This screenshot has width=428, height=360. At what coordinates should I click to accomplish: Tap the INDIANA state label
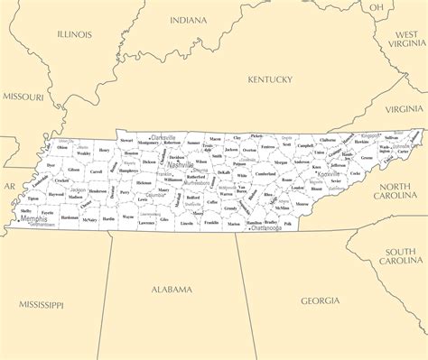click(x=188, y=19)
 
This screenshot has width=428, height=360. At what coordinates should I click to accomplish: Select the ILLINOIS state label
click(x=74, y=34)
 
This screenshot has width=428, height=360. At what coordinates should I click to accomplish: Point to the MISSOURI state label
click(x=23, y=96)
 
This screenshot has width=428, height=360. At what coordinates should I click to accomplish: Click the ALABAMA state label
click(x=172, y=290)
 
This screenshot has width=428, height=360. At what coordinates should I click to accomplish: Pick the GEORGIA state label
click(x=321, y=300)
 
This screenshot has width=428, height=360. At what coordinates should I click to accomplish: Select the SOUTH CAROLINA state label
click(x=402, y=255)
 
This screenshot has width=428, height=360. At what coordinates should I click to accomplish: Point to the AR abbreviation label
click(x=9, y=186)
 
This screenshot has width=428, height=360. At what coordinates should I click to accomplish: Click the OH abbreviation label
click(x=376, y=6)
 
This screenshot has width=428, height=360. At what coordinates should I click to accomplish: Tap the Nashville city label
click(x=181, y=165)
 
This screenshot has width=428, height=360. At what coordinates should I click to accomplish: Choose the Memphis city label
click(x=33, y=218)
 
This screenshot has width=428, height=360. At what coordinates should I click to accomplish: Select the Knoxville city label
click(x=329, y=174)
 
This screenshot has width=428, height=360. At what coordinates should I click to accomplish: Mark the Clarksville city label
click(x=163, y=137)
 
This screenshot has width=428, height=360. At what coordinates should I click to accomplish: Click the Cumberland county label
click(x=265, y=173)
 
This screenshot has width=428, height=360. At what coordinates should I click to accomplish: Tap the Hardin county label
click(x=108, y=218)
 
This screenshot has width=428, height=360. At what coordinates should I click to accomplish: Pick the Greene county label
click(x=367, y=158)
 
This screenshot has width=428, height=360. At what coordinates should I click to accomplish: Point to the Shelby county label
click(x=25, y=211)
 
